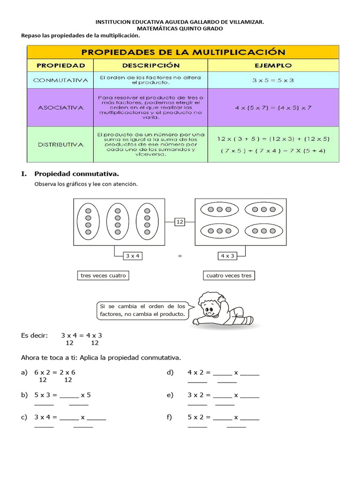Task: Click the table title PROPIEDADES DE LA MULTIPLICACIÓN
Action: (183, 52)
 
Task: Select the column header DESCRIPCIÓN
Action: (151, 65)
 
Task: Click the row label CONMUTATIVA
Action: (60, 80)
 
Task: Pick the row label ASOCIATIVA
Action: (60, 107)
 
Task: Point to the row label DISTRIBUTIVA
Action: (60, 144)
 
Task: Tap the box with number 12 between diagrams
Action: (180, 222)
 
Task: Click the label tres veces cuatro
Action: (103, 276)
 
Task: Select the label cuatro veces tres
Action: (229, 276)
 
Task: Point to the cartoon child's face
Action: (209, 309)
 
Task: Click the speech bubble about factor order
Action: (142, 310)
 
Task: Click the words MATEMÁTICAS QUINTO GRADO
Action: (180, 29)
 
